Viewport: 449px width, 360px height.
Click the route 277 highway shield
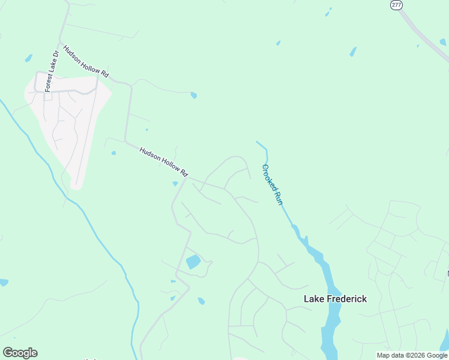click(x=396, y=4)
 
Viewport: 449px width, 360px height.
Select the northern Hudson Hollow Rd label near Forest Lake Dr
click(x=86, y=61)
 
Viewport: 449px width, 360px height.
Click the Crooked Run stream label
click(x=272, y=185)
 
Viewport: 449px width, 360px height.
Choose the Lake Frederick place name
click(x=335, y=299)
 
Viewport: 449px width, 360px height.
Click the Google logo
click(x=20, y=353)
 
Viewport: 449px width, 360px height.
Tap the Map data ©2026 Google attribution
click(x=412, y=355)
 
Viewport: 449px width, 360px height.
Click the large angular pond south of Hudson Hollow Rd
click(x=193, y=262)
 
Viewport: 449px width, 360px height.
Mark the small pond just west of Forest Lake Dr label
click(x=28, y=58)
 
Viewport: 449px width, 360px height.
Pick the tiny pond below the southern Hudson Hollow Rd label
click(x=175, y=184)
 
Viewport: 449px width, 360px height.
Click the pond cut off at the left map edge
click(x=3, y=282)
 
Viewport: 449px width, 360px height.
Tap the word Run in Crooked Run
click(x=278, y=197)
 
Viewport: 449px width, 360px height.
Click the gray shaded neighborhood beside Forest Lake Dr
click(x=66, y=126)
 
